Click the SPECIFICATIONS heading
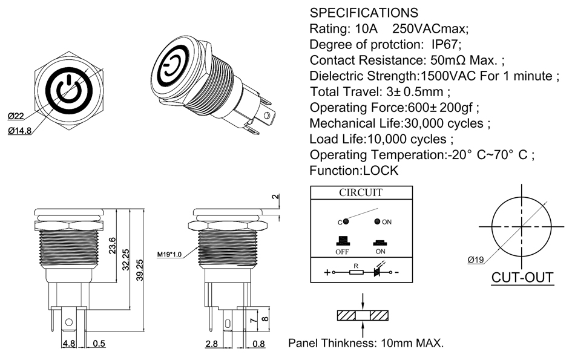pyautogui.click(x=363, y=13)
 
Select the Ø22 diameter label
pyautogui.click(x=16, y=116)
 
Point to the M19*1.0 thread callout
pyautogui.click(x=171, y=254)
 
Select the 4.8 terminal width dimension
pyautogui.click(x=68, y=344)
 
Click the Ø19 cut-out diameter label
pyautogui.click(x=476, y=260)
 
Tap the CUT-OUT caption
pyautogui.click(x=522, y=278)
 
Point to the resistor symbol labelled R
pyautogui.click(x=356, y=272)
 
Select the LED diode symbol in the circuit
pyautogui.click(x=378, y=272)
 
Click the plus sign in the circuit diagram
pyautogui.click(x=327, y=272)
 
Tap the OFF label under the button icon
pyautogui.click(x=342, y=251)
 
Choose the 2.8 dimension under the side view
pyautogui.click(x=211, y=344)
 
